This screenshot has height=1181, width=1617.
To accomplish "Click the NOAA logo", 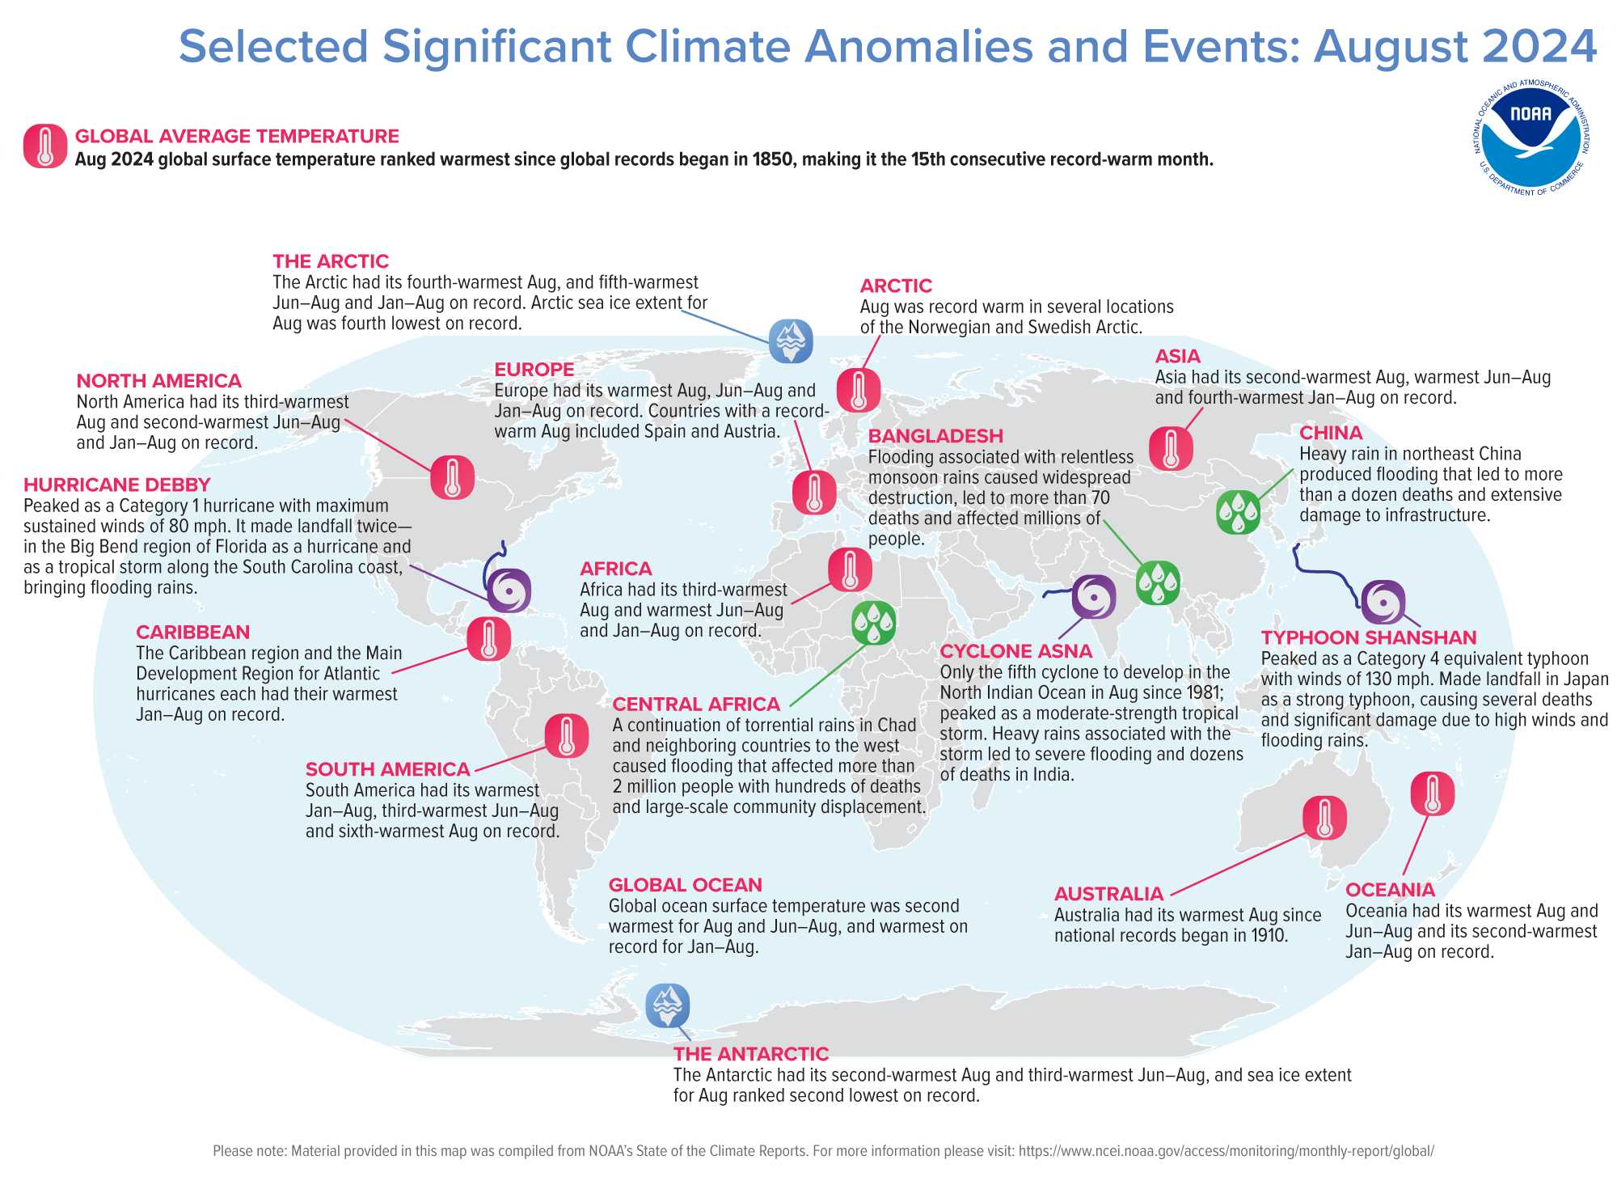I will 1530,138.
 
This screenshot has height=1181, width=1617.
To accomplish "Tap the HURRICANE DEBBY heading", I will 117,485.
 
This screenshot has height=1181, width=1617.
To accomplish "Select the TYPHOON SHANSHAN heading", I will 1369,637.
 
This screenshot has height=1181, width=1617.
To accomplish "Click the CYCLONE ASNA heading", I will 1015,651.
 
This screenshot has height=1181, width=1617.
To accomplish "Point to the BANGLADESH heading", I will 935,436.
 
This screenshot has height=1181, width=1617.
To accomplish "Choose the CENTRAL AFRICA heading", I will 696,705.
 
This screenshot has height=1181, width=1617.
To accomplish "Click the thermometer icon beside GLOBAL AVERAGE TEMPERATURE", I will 45,146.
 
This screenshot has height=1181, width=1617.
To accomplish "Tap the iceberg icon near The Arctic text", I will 790,341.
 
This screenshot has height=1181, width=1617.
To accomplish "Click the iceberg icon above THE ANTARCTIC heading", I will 667,1005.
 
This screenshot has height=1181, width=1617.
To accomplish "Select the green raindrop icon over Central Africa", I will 873,622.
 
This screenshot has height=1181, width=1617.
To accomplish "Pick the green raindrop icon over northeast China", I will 1238,511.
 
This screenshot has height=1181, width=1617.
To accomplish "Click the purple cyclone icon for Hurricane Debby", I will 509,590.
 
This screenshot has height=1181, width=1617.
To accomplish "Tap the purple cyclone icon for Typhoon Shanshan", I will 1383,602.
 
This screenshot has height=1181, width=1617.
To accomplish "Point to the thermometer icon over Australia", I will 1324,817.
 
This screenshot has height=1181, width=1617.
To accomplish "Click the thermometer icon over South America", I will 566,736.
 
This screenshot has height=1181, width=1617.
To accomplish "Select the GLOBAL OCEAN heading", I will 685,885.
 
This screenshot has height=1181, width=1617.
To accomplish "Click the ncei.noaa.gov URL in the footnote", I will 1226,1151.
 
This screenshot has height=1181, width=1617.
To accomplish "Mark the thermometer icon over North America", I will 452,476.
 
